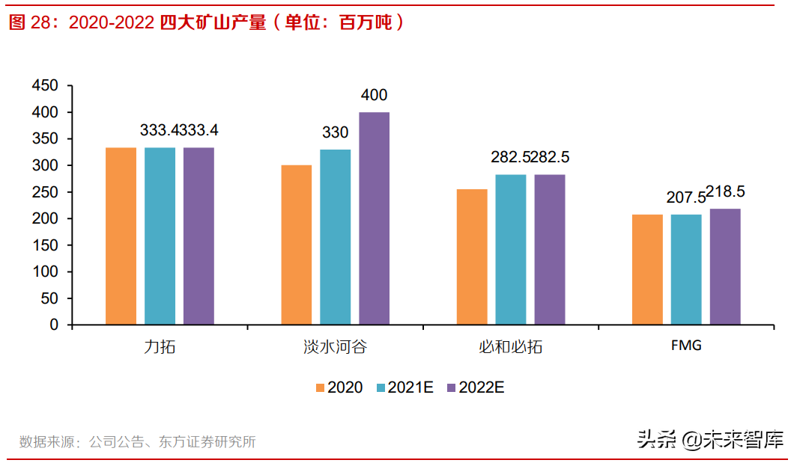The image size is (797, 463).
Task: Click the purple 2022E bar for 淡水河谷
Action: coord(374,218)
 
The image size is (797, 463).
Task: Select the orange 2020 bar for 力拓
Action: coord(121,236)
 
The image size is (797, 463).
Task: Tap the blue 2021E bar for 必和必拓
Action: coord(510,250)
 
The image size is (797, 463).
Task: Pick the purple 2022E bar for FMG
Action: coord(725,267)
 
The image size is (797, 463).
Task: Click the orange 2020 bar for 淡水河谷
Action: coord(296,245)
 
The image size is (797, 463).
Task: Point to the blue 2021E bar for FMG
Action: coord(686,270)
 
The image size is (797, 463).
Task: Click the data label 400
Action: coord(374,95)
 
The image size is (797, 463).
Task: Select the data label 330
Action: coord(335,132)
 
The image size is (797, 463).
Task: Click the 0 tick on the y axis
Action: coord(54,325)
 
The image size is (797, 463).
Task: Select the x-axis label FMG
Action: coord(686,346)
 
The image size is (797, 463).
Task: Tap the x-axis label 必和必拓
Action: coord(510,347)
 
